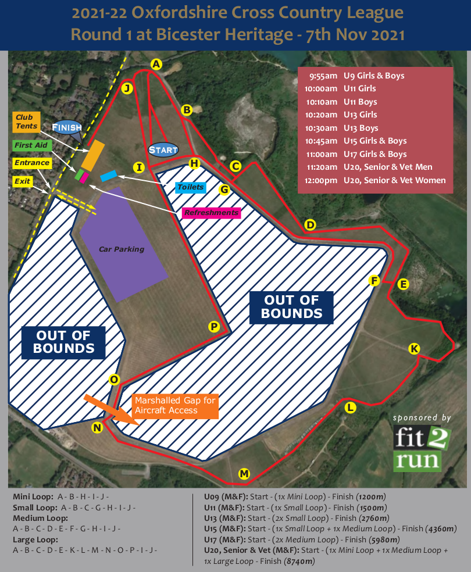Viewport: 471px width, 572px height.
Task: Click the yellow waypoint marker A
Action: tap(155, 65)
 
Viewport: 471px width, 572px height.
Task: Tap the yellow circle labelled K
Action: tap(414, 349)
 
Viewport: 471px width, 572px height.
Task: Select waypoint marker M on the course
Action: tap(244, 474)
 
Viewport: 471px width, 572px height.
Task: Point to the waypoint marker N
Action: tap(97, 428)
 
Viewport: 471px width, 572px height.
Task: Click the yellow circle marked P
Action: tap(214, 327)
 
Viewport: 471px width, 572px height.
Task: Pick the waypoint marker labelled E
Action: tap(403, 284)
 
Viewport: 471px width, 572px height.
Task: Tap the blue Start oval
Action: tap(163, 150)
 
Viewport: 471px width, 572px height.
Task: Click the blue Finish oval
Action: tap(67, 127)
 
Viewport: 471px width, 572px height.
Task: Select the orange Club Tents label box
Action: tap(26, 122)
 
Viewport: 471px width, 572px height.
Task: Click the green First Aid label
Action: tap(31, 145)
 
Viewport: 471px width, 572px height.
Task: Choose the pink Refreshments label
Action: tap(211, 213)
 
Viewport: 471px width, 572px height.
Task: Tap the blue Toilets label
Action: tap(190, 187)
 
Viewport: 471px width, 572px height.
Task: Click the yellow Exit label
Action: tap(23, 181)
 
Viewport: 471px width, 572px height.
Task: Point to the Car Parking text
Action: tap(122, 249)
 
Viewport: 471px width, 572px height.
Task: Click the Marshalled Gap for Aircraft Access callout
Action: tap(174, 406)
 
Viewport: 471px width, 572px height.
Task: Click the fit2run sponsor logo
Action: tap(422, 448)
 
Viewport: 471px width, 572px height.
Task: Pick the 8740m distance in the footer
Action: tap(299, 562)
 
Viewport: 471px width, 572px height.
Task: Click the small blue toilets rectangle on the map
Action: tap(109, 175)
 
